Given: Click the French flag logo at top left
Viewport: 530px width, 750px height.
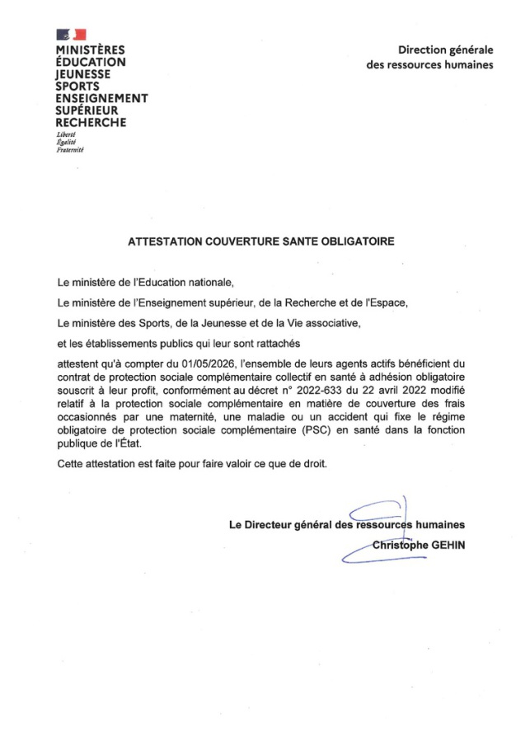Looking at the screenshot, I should pos(71,34).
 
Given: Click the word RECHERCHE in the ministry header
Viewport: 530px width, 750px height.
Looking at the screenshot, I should pos(91,123).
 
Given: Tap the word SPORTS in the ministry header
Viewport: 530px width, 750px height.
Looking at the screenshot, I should pos(77,86).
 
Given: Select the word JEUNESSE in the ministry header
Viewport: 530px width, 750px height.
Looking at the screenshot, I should pos(82,73).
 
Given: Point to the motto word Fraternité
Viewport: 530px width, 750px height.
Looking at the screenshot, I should pos(70,150).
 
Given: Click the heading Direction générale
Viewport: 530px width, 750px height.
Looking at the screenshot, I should pos(445,50).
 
